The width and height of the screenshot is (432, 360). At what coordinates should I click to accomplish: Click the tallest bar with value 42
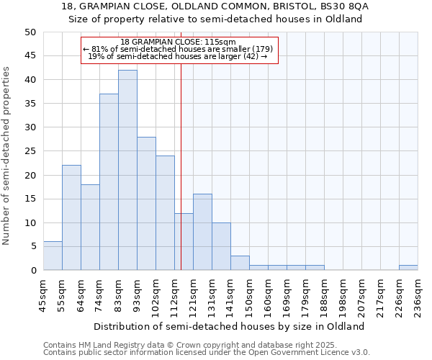127,170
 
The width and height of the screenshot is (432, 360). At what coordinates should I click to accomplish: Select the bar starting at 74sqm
109,182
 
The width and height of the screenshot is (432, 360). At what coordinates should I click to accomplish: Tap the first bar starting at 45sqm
53,256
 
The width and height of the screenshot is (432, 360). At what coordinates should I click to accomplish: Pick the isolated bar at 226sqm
408,268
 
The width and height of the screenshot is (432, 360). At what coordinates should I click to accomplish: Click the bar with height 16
202,232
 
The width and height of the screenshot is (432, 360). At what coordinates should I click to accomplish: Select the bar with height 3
240,263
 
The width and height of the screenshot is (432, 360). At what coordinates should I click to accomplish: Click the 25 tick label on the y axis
30,151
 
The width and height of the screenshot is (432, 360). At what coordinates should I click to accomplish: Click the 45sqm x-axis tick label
44,294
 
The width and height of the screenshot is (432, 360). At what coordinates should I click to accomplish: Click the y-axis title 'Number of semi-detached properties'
6,155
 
